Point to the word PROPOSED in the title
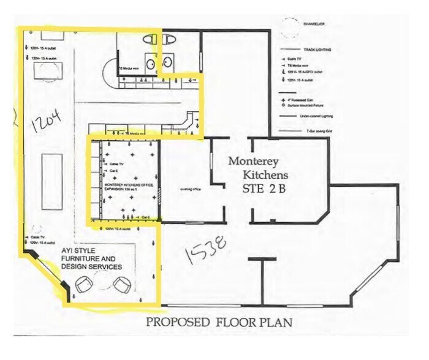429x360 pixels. tap(177, 323)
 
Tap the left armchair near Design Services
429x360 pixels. tap(83, 283)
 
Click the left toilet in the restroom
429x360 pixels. tap(150, 39)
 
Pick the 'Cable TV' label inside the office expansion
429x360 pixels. tap(117, 165)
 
